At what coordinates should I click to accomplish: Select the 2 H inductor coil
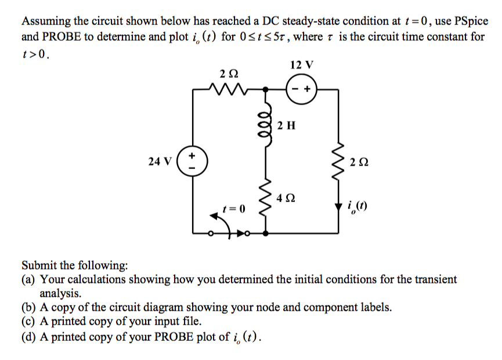(x=267, y=124)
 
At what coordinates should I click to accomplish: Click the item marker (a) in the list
(x=29, y=279)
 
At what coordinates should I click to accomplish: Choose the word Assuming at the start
(x=45, y=21)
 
